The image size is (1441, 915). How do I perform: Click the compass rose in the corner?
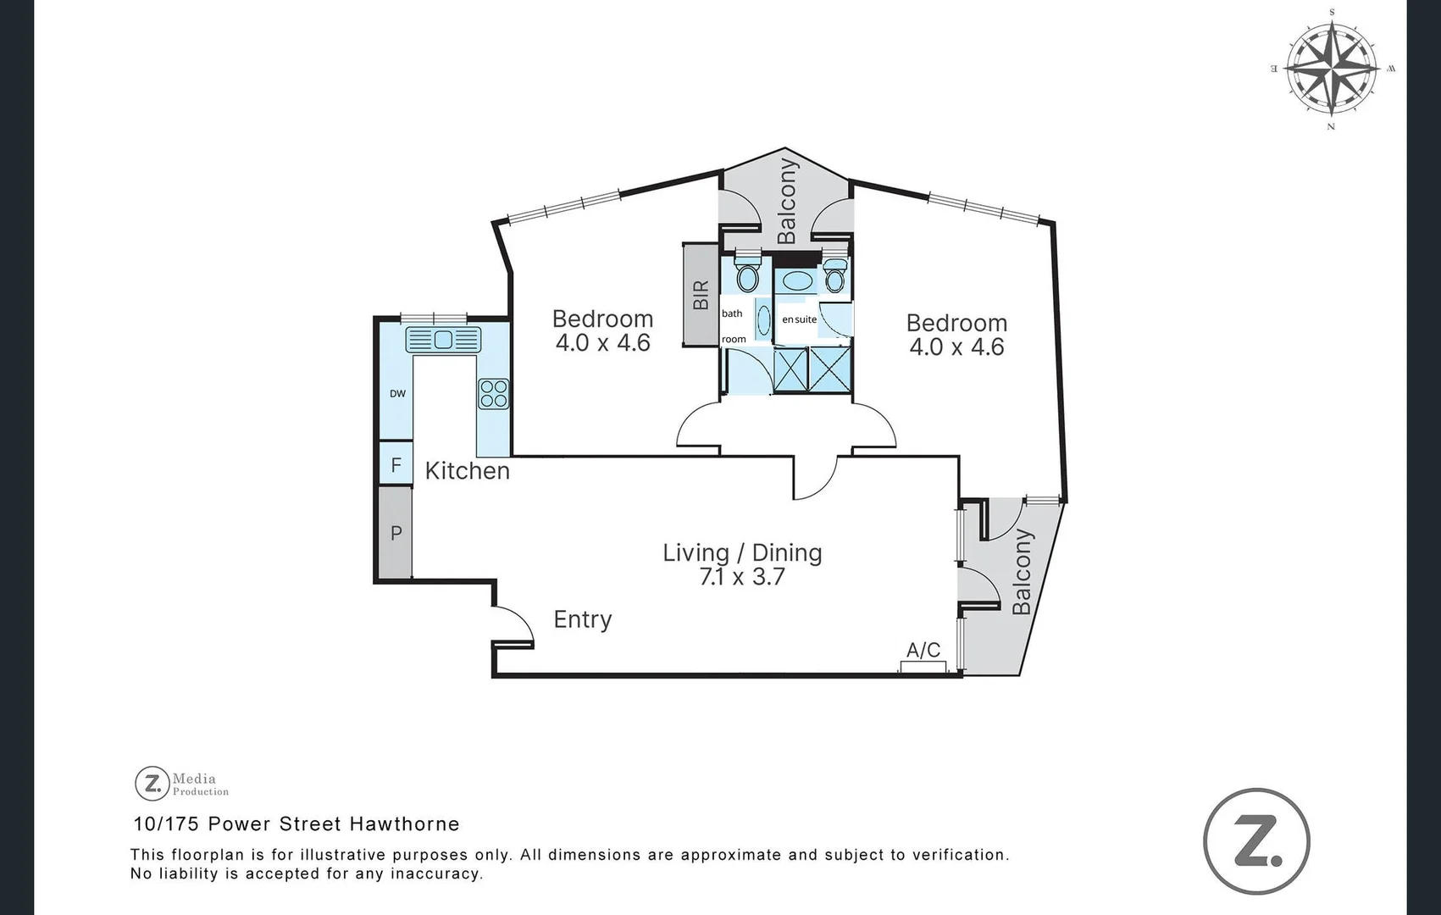(x=1331, y=69)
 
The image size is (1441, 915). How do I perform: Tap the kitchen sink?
(x=443, y=340)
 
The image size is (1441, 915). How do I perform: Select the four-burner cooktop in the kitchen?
(x=494, y=394)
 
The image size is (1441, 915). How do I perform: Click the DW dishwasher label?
(x=397, y=394)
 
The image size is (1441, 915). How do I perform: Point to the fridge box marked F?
(x=396, y=465)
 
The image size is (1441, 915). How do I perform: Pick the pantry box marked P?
(x=396, y=533)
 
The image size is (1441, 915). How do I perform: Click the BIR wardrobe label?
(x=701, y=295)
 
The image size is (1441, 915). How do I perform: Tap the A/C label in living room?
(x=923, y=650)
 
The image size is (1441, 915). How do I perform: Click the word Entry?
(x=582, y=619)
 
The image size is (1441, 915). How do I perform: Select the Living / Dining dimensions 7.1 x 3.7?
(x=742, y=577)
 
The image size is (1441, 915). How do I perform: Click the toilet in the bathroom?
(x=746, y=275)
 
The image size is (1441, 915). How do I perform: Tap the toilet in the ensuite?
(x=835, y=278)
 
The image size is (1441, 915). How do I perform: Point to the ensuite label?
(x=799, y=319)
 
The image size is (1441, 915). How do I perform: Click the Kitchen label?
(x=467, y=471)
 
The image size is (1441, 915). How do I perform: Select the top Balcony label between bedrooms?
(x=787, y=201)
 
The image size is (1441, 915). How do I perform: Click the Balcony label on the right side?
(x=1023, y=572)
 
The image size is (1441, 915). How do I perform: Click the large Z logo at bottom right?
(x=1256, y=841)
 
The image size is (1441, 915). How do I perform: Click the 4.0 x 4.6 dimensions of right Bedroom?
(x=956, y=347)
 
